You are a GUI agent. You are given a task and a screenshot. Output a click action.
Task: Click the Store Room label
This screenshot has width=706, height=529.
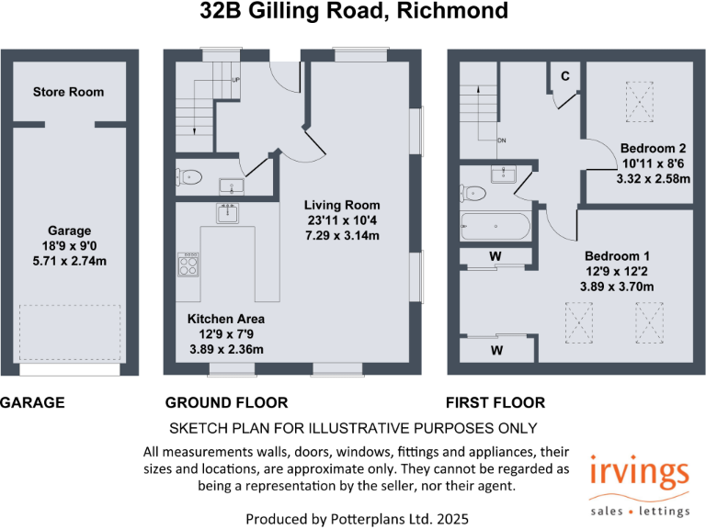point(68,92)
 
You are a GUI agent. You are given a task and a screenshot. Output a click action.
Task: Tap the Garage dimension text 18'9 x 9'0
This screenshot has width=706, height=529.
point(68,247)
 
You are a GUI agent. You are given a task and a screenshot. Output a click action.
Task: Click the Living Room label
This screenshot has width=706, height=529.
point(342,205)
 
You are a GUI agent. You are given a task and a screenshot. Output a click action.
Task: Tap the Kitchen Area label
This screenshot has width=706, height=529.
point(226,319)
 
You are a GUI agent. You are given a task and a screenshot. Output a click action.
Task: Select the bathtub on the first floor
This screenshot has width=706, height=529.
point(495,226)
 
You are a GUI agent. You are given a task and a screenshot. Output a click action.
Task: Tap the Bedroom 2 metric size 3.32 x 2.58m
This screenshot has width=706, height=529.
point(653,179)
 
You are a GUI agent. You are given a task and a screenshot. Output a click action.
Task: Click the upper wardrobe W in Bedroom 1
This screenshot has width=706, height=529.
point(495,256)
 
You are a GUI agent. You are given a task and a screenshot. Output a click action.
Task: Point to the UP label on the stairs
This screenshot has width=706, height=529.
point(236,80)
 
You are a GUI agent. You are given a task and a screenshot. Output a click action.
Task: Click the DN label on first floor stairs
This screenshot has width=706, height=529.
point(502,141)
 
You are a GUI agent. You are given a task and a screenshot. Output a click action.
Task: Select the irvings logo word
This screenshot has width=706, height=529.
point(640,476)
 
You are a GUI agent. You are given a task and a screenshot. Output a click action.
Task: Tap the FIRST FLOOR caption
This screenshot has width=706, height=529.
point(495,402)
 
